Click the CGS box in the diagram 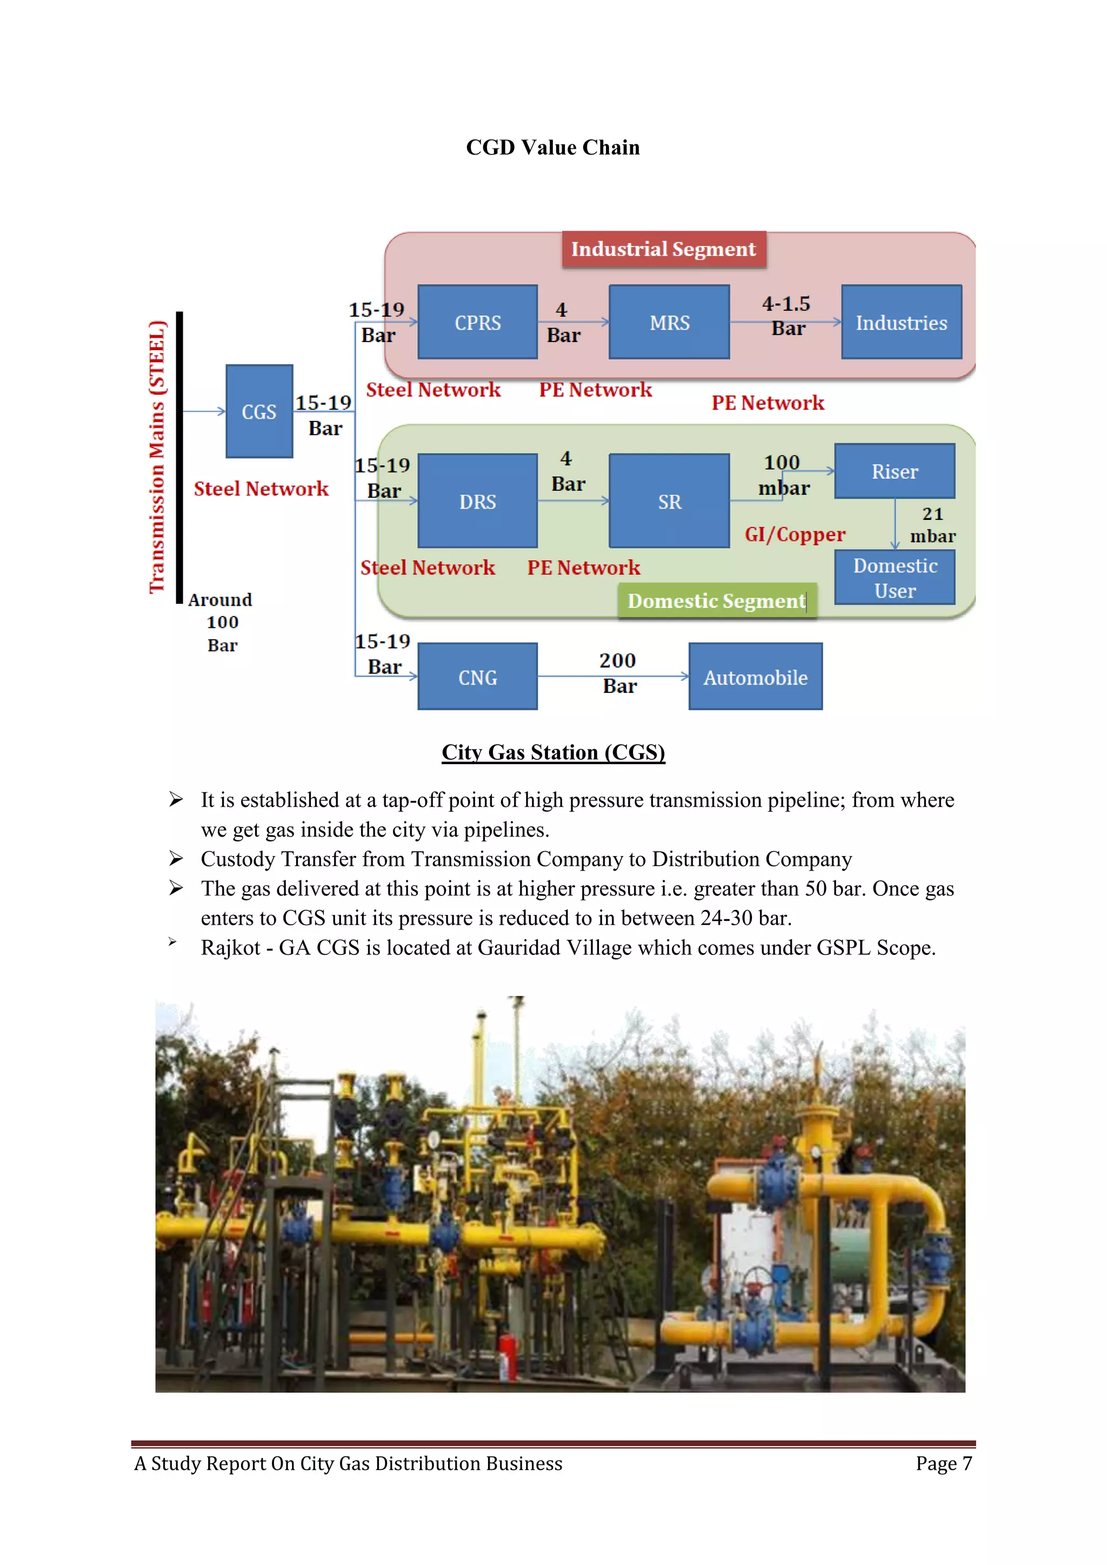tap(259, 411)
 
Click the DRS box tap(477, 501)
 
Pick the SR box tap(669, 501)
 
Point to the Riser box tap(895, 471)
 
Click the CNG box tap(477, 677)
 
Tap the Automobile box tap(755, 677)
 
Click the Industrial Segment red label tap(663, 250)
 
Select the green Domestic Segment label tap(716, 600)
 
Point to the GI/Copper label tap(795, 534)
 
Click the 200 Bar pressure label tap(618, 673)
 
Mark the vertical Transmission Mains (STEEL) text tap(157, 457)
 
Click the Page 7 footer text tap(943, 1463)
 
